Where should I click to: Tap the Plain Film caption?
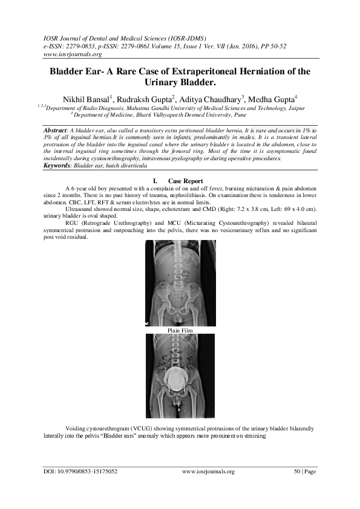tap(180, 330)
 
